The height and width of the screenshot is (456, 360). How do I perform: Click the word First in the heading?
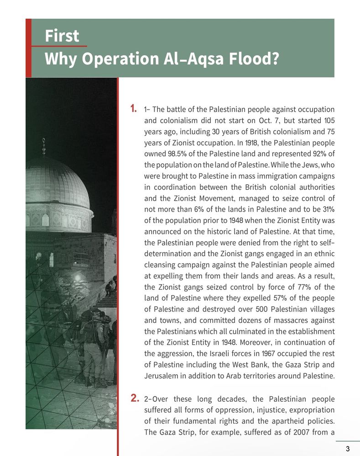click(x=62, y=36)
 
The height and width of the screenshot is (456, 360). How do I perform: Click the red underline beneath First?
click(x=59, y=46)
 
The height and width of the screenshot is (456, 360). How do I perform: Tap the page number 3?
click(x=348, y=449)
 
